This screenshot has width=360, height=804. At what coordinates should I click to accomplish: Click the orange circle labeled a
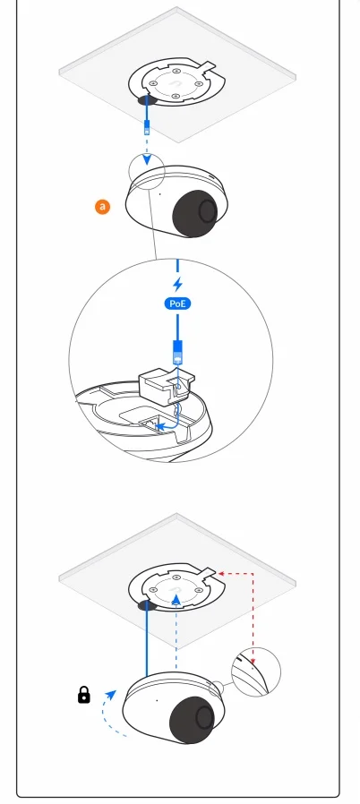[x=103, y=207]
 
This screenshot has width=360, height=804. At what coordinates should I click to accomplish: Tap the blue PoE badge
[x=177, y=304]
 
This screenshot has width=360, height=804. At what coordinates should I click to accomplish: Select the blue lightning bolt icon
[x=178, y=284]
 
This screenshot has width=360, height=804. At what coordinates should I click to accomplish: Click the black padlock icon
[x=83, y=696]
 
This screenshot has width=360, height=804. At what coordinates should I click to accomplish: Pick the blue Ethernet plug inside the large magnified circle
[x=177, y=352]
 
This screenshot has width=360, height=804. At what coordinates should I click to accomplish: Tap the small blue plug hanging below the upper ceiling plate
[x=147, y=127]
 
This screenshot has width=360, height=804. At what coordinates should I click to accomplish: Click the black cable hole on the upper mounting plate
[x=147, y=99]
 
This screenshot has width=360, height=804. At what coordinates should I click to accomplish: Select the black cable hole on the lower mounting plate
[x=147, y=605]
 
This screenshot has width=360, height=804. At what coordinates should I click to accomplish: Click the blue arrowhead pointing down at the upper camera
[x=147, y=160]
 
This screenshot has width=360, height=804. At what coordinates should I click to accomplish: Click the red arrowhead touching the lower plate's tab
[x=221, y=573]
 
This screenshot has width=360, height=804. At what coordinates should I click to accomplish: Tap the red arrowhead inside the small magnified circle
[x=253, y=661]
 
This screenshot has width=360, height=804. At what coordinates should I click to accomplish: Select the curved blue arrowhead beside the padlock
[x=111, y=694]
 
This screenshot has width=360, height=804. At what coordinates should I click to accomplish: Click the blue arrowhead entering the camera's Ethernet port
[x=159, y=425]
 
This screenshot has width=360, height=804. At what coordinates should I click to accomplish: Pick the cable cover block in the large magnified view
[x=167, y=382]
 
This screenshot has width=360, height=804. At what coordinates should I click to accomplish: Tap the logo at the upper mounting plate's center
[x=176, y=84]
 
